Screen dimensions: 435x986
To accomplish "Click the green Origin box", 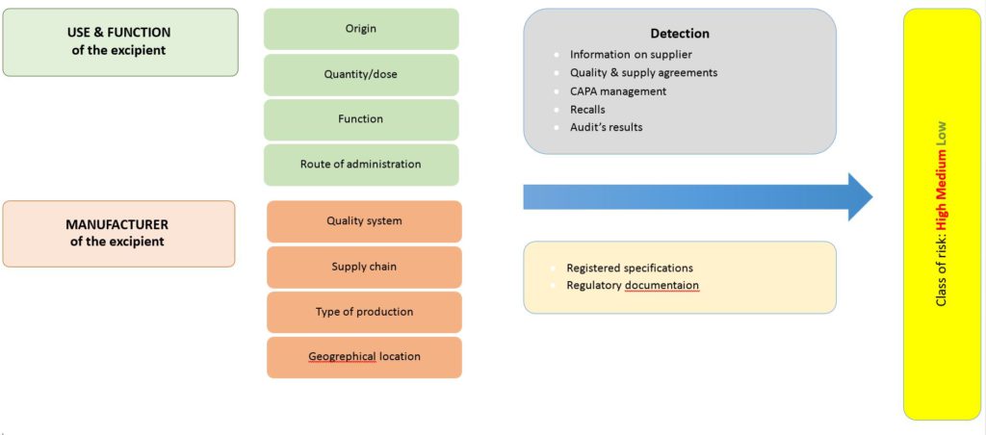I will (361, 29).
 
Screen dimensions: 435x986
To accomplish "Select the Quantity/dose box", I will (361, 74).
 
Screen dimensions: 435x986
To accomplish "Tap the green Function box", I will (361, 119).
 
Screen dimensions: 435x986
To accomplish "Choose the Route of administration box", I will (361, 165).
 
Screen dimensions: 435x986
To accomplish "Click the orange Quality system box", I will (364, 221).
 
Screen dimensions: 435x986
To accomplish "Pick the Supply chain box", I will (364, 267).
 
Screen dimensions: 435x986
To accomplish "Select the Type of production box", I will (364, 312).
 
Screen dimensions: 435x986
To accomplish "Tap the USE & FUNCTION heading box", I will (120, 42).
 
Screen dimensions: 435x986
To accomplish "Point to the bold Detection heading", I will (680, 34).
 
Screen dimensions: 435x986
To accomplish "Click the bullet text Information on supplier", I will (631, 55).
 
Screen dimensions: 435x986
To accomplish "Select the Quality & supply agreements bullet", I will (643, 73).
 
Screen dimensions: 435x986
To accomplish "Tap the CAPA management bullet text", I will (617, 91).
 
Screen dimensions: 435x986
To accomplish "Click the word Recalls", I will (587, 110).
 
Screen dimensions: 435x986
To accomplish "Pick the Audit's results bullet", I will (606, 127).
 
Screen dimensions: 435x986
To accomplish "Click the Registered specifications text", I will (630, 269).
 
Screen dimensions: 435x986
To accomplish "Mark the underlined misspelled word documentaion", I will (662, 286).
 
